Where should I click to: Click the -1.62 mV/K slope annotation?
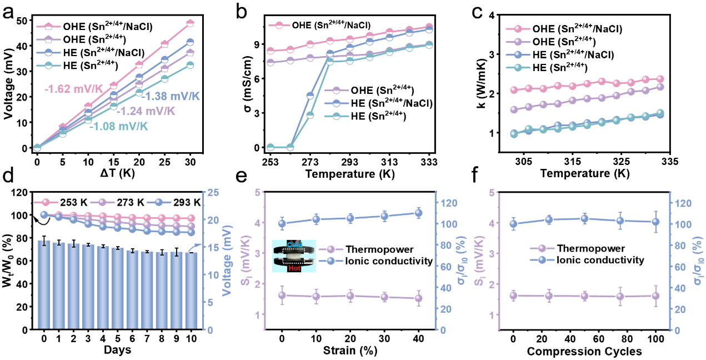[x=73, y=88]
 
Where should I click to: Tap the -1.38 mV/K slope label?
[x=171, y=97]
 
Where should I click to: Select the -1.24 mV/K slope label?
[x=146, y=111]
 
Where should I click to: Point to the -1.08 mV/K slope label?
[x=119, y=126]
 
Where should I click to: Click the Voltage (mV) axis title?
[x=227, y=261]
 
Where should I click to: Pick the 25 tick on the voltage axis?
[x=213, y=192]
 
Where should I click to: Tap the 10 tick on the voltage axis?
[x=213, y=275]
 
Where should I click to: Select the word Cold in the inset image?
[x=294, y=244]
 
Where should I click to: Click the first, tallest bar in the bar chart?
[x=44, y=284]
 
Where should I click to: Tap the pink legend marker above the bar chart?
[x=46, y=202]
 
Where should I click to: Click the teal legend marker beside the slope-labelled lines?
[x=48, y=66]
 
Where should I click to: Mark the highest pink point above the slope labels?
[x=190, y=23]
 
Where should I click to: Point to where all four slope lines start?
[x=37, y=148]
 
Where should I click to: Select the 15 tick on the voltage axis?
[x=213, y=247]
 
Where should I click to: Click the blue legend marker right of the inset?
[x=331, y=261]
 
